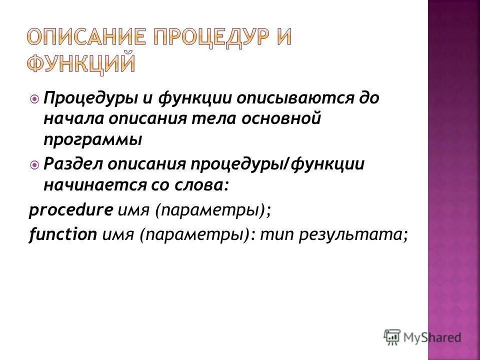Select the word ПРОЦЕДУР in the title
pyautogui.click(x=201, y=38)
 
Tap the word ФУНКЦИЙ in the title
pyautogui.click(x=80, y=65)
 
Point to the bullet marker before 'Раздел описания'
pyautogui.click(x=34, y=164)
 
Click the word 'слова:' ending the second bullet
pyautogui.click(x=203, y=185)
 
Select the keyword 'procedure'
pyautogui.click(x=70, y=210)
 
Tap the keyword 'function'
pyautogui.click(x=62, y=234)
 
